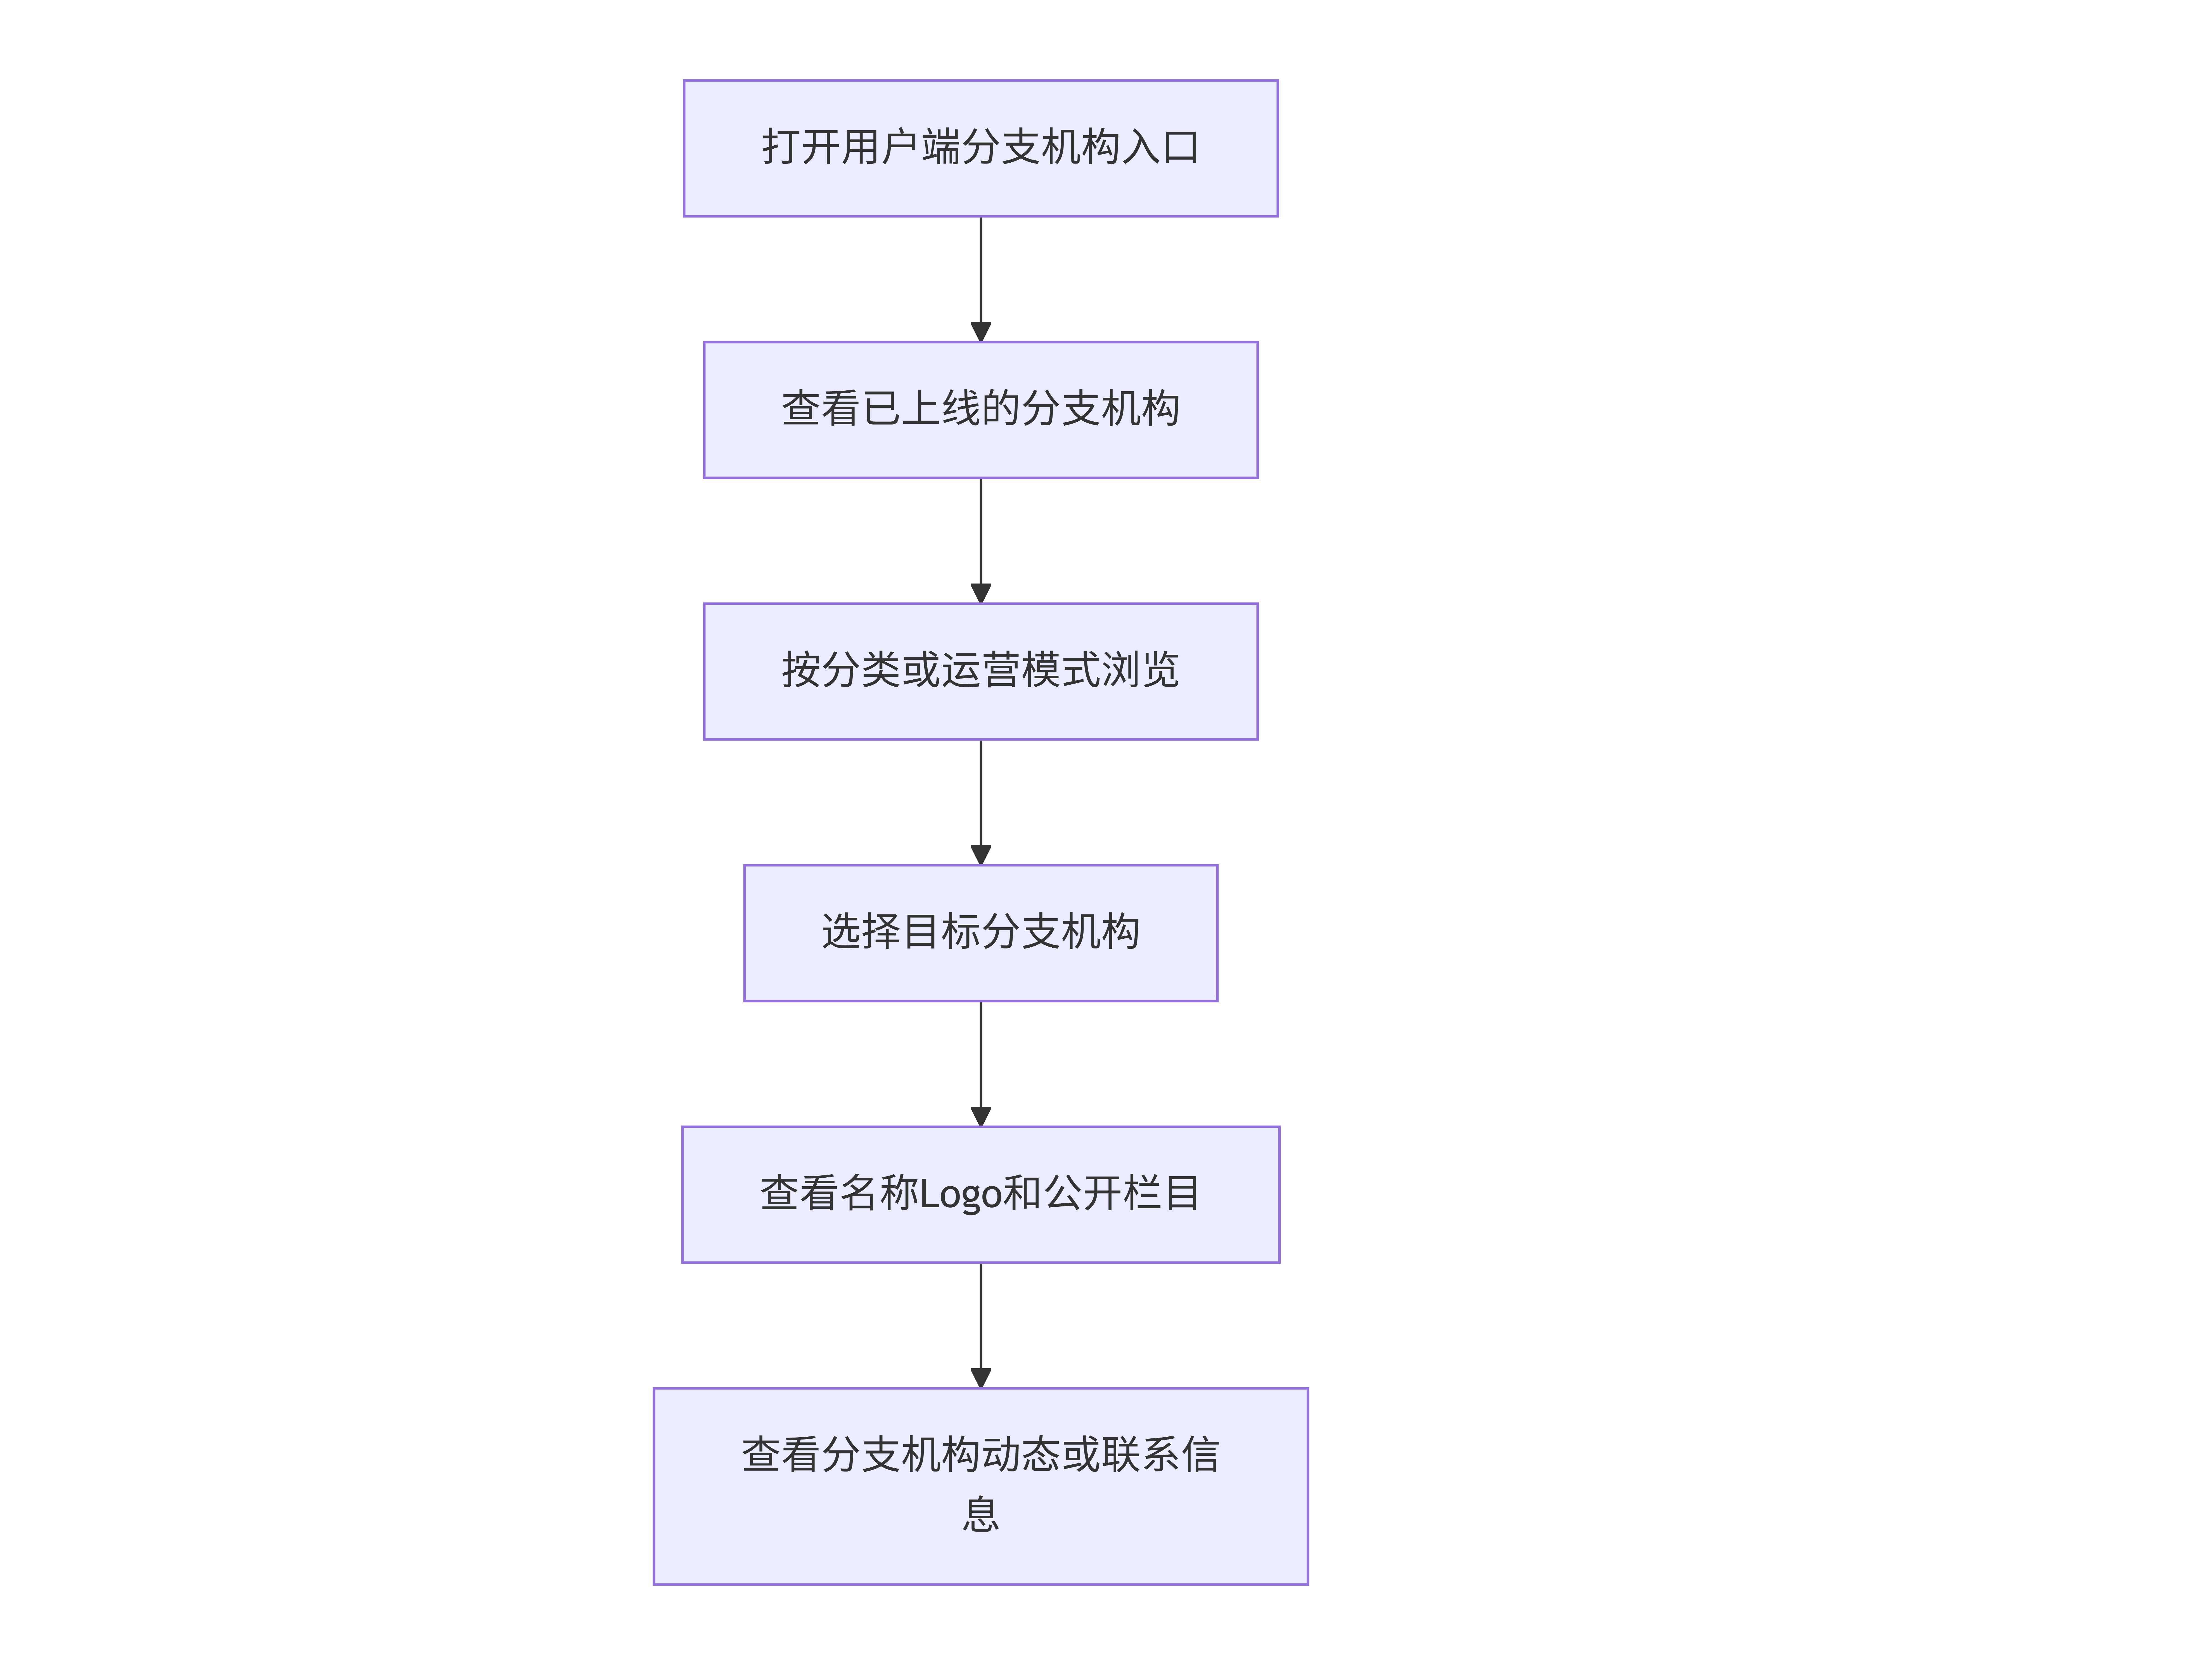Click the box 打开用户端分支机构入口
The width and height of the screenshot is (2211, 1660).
click(x=980, y=148)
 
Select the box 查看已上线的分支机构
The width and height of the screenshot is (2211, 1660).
click(x=980, y=410)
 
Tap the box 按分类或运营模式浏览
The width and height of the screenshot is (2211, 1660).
click(x=980, y=672)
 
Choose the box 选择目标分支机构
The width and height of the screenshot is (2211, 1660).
click(x=980, y=933)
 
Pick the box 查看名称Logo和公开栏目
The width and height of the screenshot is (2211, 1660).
click(x=980, y=1194)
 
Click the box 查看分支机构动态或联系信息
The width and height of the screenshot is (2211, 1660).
click(x=980, y=1486)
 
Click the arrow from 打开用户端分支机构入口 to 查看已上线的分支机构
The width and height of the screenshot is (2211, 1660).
click(x=980, y=279)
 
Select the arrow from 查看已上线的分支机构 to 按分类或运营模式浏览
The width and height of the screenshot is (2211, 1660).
click(x=980, y=541)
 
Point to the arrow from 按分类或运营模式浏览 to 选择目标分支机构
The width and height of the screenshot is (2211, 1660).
click(x=980, y=803)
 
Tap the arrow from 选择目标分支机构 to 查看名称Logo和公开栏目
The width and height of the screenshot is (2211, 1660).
click(x=980, y=1063)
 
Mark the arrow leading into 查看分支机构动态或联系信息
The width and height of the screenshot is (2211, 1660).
click(x=980, y=1325)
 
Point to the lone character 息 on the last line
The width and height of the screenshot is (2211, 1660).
click(x=980, y=1514)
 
